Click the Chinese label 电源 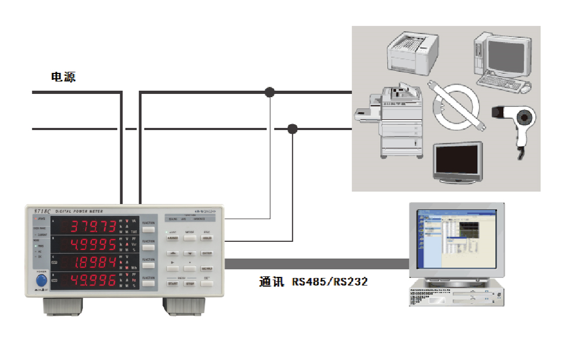pyautogui.click(x=64, y=77)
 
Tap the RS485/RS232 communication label pyautogui.click(x=313, y=281)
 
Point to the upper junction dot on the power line pyautogui.click(x=270, y=92)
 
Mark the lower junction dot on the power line pyautogui.click(x=292, y=128)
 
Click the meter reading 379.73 pyautogui.click(x=93, y=226)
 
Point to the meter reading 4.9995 pyautogui.click(x=93, y=244)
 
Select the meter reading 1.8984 pyautogui.click(x=93, y=262)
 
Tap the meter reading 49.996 pyautogui.click(x=93, y=280)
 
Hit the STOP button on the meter pyautogui.click(x=190, y=283)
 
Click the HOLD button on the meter pyautogui.click(x=207, y=237)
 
